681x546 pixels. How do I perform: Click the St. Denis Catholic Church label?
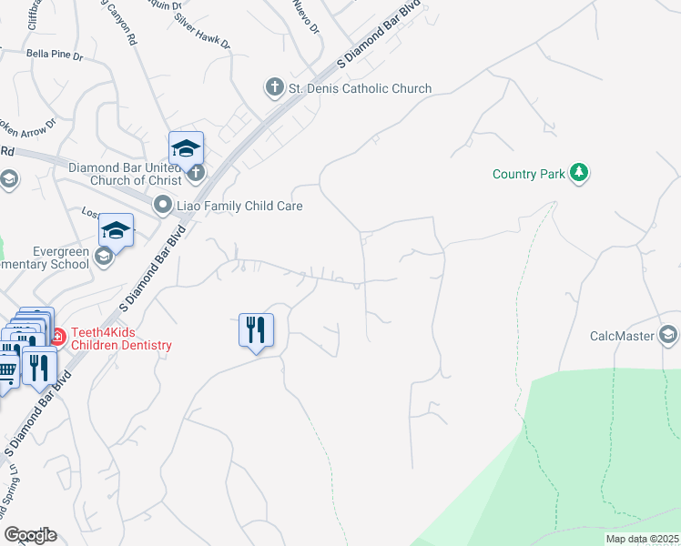pyautogui.click(x=360, y=88)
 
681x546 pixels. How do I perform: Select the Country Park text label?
pyautogui.click(x=529, y=173)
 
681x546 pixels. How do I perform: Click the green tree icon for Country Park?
pyautogui.click(x=578, y=172)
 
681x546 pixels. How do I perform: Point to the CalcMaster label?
pyautogui.click(x=622, y=336)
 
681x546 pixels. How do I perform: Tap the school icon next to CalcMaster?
pyautogui.click(x=669, y=336)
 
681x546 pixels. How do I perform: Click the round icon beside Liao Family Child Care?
pyautogui.click(x=164, y=205)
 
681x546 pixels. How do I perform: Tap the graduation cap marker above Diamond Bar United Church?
pyautogui.click(x=186, y=147)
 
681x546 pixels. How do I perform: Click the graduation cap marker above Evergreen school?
pyautogui.click(x=116, y=230)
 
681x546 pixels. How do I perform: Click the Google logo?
pyautogui.click(x=30, y=534)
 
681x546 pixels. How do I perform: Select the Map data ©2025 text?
pyautogui.click(x=643, y=539)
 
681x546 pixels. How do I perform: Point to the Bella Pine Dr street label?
pyautogui.click(x=55, y=55)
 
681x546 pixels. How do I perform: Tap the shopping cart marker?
pyautogui.click(x=7, y=369)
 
